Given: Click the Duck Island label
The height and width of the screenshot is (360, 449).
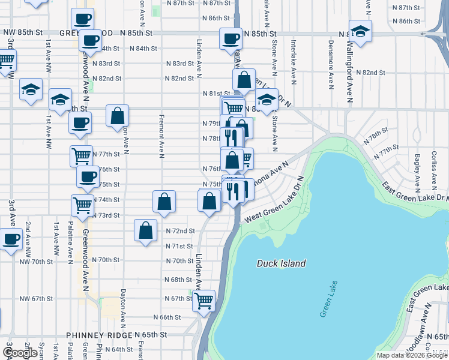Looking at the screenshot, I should (281, 263).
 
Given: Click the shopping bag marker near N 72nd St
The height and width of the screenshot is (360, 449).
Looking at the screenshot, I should (146, 231).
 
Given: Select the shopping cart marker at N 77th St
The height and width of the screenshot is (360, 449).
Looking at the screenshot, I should (81, 157).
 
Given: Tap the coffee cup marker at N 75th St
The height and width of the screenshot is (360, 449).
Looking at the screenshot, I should (88, 177).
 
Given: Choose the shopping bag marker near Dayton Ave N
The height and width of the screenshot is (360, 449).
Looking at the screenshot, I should (118, 116).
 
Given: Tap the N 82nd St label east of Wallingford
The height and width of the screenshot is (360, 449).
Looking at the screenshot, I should (370, 72).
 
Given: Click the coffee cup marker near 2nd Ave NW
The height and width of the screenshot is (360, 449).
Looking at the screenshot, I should (11, 239).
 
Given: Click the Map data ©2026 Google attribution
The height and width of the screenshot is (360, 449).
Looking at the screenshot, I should (412, 355).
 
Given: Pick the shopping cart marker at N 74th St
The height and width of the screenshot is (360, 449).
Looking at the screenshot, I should (82, 205).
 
